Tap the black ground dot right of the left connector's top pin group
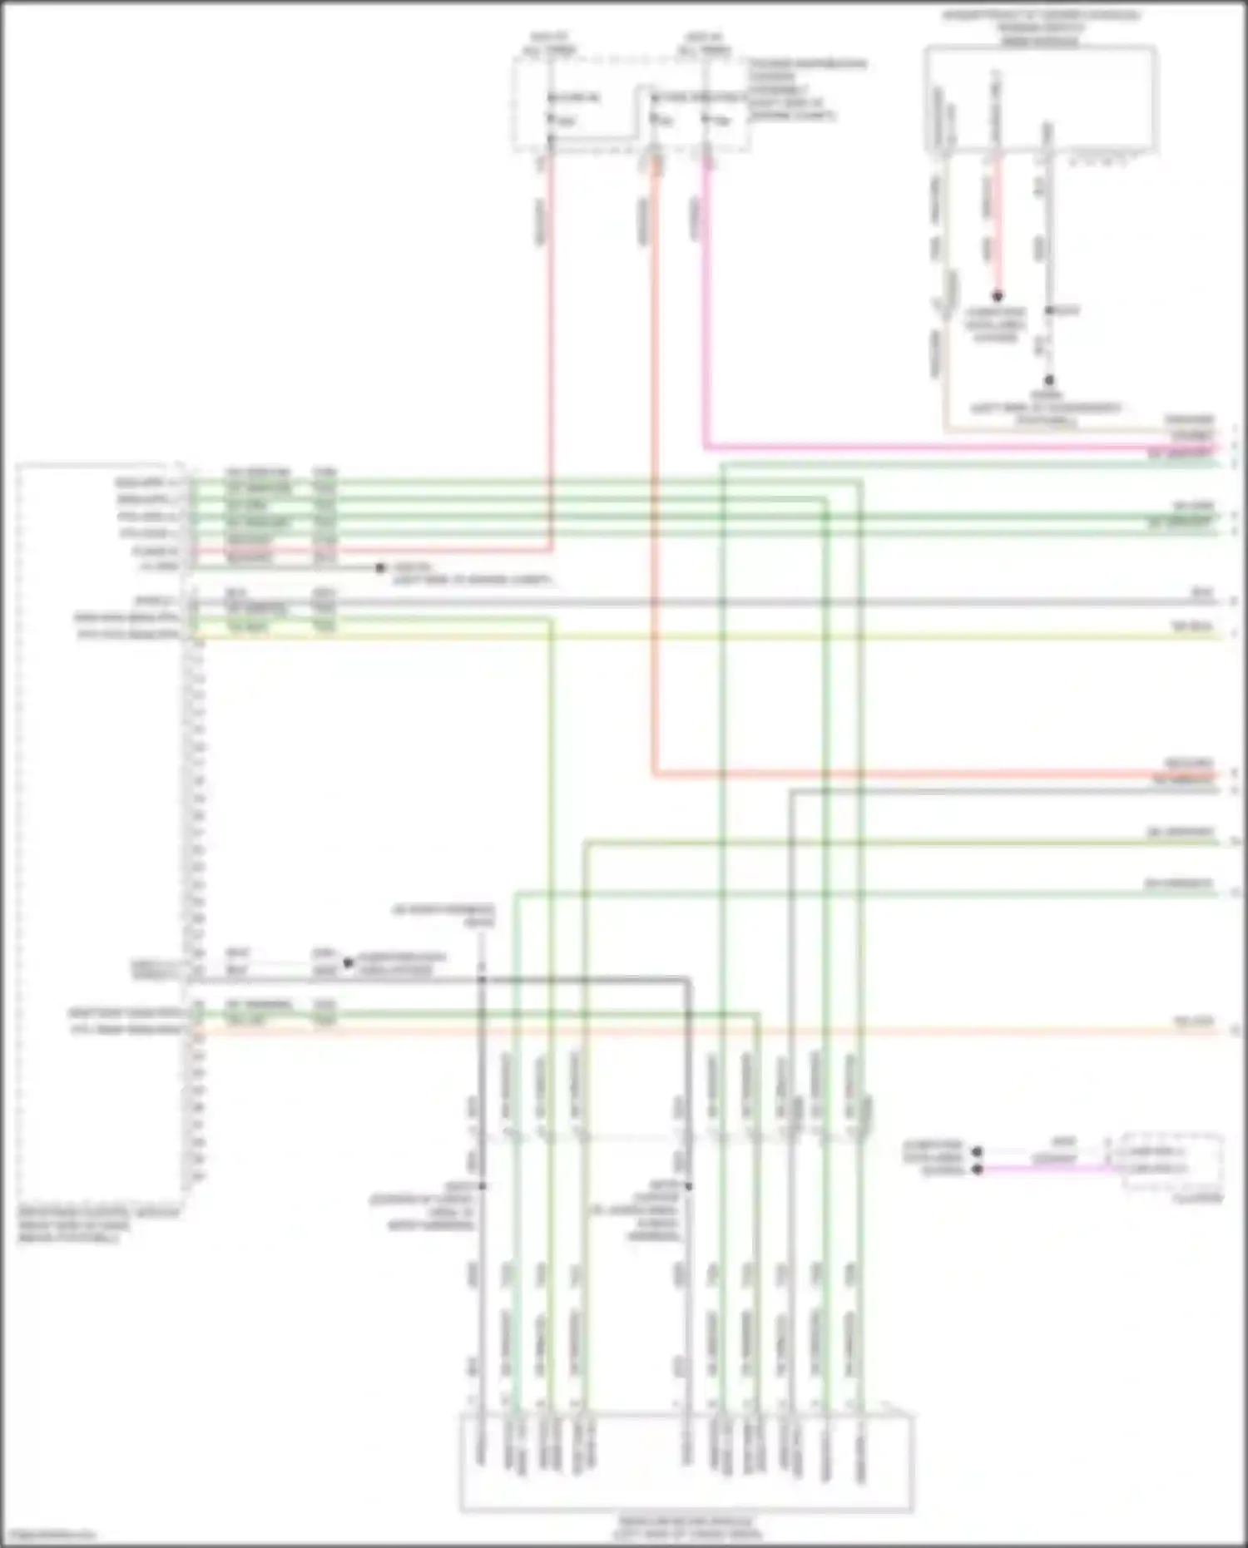point(380,568)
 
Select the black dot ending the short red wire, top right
point(997,295)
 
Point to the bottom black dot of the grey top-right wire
point(1049,379)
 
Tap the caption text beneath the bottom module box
point(686,1527)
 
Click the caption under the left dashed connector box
point(98,1225)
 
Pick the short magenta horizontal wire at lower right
point(1048,1169)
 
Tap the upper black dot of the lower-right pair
point(978,1152)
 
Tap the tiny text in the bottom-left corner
point(48,1535)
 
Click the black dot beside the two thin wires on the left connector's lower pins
point(349,963)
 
